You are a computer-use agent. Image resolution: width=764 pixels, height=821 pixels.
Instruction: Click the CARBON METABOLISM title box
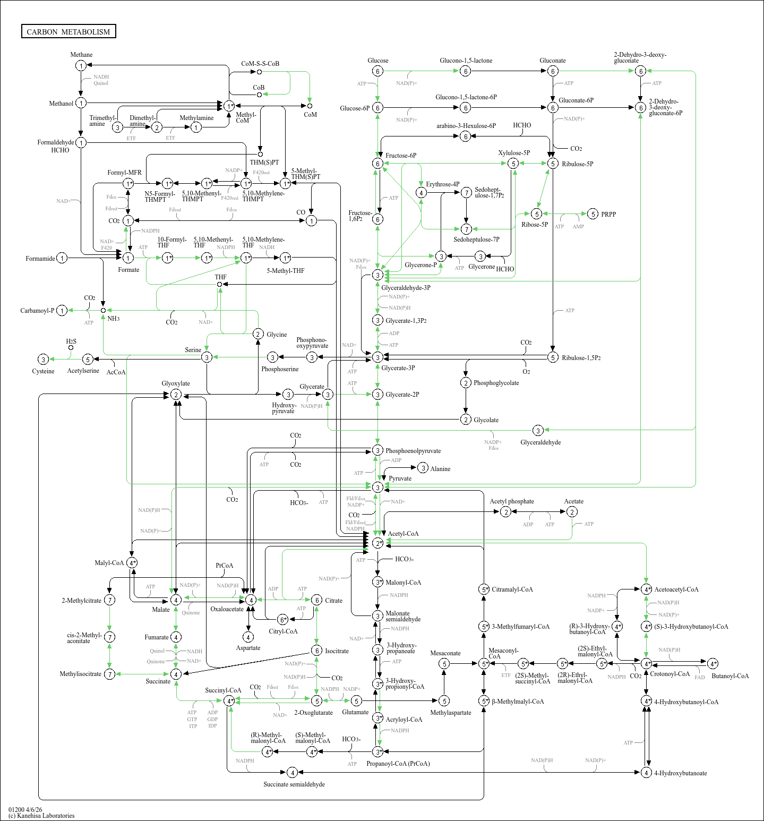[68, 31]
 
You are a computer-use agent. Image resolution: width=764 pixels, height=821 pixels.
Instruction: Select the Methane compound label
[81, 55]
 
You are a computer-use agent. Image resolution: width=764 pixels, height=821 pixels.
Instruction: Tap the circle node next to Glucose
[377, 71]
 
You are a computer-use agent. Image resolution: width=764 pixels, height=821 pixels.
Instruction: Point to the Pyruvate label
[400, 478]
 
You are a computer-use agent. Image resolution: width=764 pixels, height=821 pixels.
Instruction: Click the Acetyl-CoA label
[403, 534]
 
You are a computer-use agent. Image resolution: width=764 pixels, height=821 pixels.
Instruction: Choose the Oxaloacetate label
[227, 609]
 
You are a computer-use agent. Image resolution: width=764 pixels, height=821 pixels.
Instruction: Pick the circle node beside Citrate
[316, 600]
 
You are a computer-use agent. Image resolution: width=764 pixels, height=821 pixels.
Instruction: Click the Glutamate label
[355, 712]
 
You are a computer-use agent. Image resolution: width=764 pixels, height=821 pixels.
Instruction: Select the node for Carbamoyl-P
[62, 311]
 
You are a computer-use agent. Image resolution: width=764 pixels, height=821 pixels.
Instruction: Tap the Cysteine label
[43, 371]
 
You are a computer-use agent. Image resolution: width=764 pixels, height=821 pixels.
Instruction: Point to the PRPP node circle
[593, 214]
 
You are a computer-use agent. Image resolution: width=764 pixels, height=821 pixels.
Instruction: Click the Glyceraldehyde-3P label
[406, 288]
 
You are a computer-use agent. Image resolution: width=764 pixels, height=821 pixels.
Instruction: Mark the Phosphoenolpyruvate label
[413, 451]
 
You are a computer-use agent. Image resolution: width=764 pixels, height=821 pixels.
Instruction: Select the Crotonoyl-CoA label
[669, 674]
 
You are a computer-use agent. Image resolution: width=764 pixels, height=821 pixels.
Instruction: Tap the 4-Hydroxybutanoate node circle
[646, 773]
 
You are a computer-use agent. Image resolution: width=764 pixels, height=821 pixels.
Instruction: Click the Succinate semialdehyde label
[294, 784]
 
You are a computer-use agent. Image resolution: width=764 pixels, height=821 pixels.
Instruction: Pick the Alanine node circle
[423, 468]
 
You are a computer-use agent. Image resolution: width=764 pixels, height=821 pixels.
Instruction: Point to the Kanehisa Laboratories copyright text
[41, 816]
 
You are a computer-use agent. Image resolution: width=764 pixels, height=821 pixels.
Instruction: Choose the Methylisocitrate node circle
[109, 674]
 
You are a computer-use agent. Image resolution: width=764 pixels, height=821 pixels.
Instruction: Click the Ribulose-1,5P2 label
[581, 358]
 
